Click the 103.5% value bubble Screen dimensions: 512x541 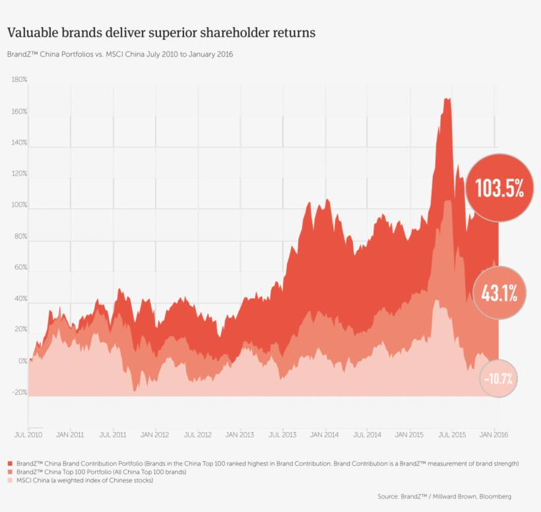click(x=499, y=189)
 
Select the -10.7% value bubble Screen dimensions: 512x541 click(x=498, y=379)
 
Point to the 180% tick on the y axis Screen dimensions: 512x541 click(x=19, y=80)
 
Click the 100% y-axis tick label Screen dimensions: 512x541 click(x=19, y=205)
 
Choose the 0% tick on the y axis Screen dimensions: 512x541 click(x=22, y=362)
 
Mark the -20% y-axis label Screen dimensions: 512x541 click(x=19, y=393)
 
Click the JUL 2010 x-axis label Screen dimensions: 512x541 click(x=28, y=435)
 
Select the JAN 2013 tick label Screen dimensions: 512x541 click(x=239, y=435)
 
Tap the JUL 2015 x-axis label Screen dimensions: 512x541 click(x=452, y=435)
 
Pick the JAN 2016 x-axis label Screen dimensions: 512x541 click(x=493, y=435)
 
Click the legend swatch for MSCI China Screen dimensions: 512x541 click(x=10, y=480)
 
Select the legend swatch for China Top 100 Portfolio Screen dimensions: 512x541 click(x=10, y=472)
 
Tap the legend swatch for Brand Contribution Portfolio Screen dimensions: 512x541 click(x=10, y=464)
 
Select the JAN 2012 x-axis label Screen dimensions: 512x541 click(x=155, y=435)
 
